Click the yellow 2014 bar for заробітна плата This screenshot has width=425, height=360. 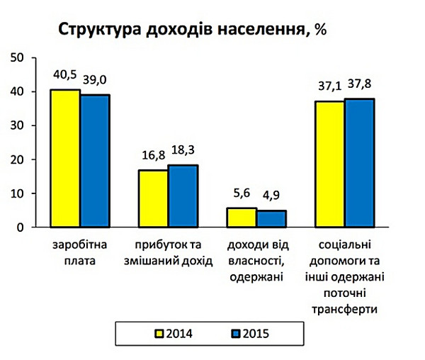tap(65, 159)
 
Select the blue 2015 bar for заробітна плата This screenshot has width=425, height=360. tap(95, 161)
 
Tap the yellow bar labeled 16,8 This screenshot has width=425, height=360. tap(154, 198)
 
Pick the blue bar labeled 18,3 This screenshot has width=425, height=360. tap(183, 196)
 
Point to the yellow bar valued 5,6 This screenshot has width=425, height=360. tap(242, 218)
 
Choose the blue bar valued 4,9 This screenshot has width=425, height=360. tap(271, 219)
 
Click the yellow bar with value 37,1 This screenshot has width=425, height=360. tap(330, 164)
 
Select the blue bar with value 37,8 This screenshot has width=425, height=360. tap(359, 163)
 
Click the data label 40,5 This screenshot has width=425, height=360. tap(65, 73)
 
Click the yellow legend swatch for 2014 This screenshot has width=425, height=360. tap(160, 332)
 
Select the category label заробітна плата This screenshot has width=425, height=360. tap(79, 252)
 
